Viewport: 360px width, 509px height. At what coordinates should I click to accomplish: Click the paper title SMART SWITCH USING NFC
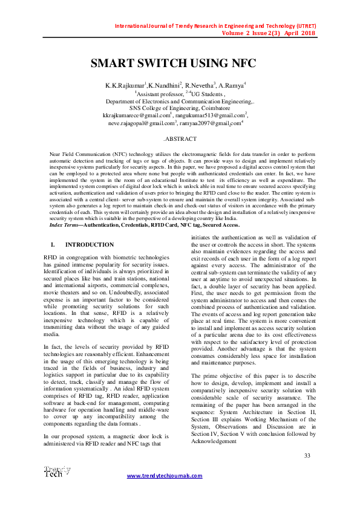pyautogui.click(x=173, y=63)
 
